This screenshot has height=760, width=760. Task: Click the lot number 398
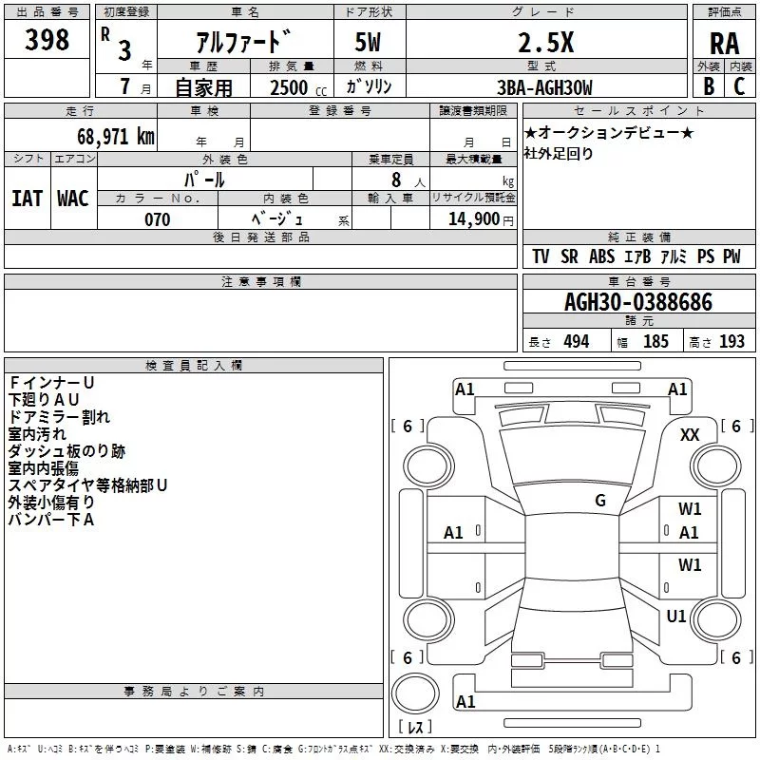pos(47,40)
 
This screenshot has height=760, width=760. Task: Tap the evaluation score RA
pos(724,44)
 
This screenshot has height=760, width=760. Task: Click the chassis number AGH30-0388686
pos(637,302)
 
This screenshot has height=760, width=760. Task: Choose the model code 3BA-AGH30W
pos(543,87)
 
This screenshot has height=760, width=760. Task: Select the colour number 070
pos(157,219)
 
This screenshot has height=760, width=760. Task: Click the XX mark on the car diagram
pos(690,434)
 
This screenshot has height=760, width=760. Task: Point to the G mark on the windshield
pos(600,500)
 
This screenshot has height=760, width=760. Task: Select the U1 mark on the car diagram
pos(676,617)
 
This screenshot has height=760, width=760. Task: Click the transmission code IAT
pos(27,199)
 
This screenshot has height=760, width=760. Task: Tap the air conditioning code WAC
pos(72,199)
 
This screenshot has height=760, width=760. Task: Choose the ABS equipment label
pos(602,256)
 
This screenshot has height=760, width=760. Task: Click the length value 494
pos(576,342)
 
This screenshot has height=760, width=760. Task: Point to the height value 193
pos(731,342)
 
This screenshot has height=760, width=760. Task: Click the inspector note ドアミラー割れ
pos(59,416)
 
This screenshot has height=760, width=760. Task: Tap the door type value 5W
pos(370,43)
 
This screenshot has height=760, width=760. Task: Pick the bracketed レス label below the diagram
pos(415,728)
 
